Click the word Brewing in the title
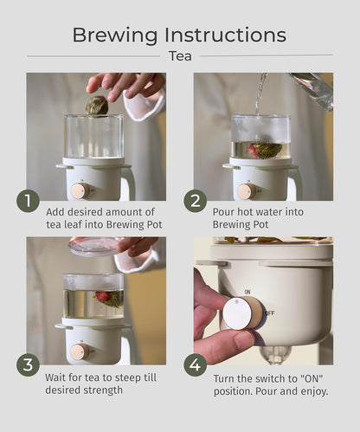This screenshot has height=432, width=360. coord(115,35)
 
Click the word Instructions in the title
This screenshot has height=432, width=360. coord(225,35)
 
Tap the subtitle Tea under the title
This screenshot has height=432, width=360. coord(180,56)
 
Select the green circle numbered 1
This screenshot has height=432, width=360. coord(28,201)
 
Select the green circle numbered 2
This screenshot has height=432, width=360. coord(196,201)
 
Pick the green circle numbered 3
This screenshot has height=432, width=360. coord(28,364)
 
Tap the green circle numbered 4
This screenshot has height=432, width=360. coord(196,364)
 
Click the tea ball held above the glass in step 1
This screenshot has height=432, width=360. coord(97,106)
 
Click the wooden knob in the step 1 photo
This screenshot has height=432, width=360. coord(80,190)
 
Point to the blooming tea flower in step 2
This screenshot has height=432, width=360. coord(265,150)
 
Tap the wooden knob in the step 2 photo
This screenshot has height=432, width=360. coord(247,191)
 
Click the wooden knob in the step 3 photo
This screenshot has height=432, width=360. coord(80,351)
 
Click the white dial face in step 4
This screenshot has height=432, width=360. coord(237,313)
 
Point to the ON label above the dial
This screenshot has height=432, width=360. coord(247,292)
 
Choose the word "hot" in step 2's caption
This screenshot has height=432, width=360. coord(245,212)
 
